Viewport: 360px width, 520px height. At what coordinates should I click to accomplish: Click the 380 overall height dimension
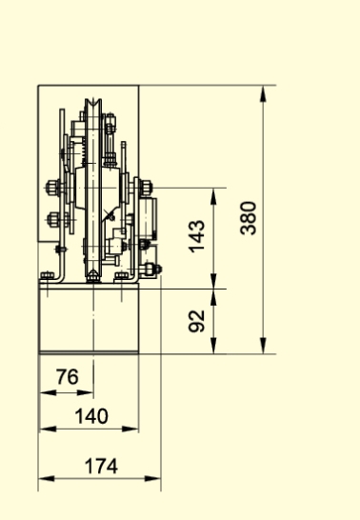[249, 218]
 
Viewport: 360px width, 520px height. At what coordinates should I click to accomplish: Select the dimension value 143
[197, 236]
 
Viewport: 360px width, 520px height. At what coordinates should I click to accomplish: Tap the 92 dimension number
[197, 321]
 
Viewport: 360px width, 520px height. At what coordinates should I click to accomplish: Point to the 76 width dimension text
[68, 377]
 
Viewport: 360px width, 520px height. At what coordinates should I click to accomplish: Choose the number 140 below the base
[91, 416]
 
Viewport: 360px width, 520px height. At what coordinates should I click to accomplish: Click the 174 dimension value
[101, 466]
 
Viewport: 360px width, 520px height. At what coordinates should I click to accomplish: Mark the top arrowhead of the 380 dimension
[263, 93]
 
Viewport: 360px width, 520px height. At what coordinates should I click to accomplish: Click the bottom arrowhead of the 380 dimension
[263, 346]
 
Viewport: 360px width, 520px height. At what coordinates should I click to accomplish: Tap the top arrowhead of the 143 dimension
[213, 196]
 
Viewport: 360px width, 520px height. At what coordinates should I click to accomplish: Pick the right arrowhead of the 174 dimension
[152, 478]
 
